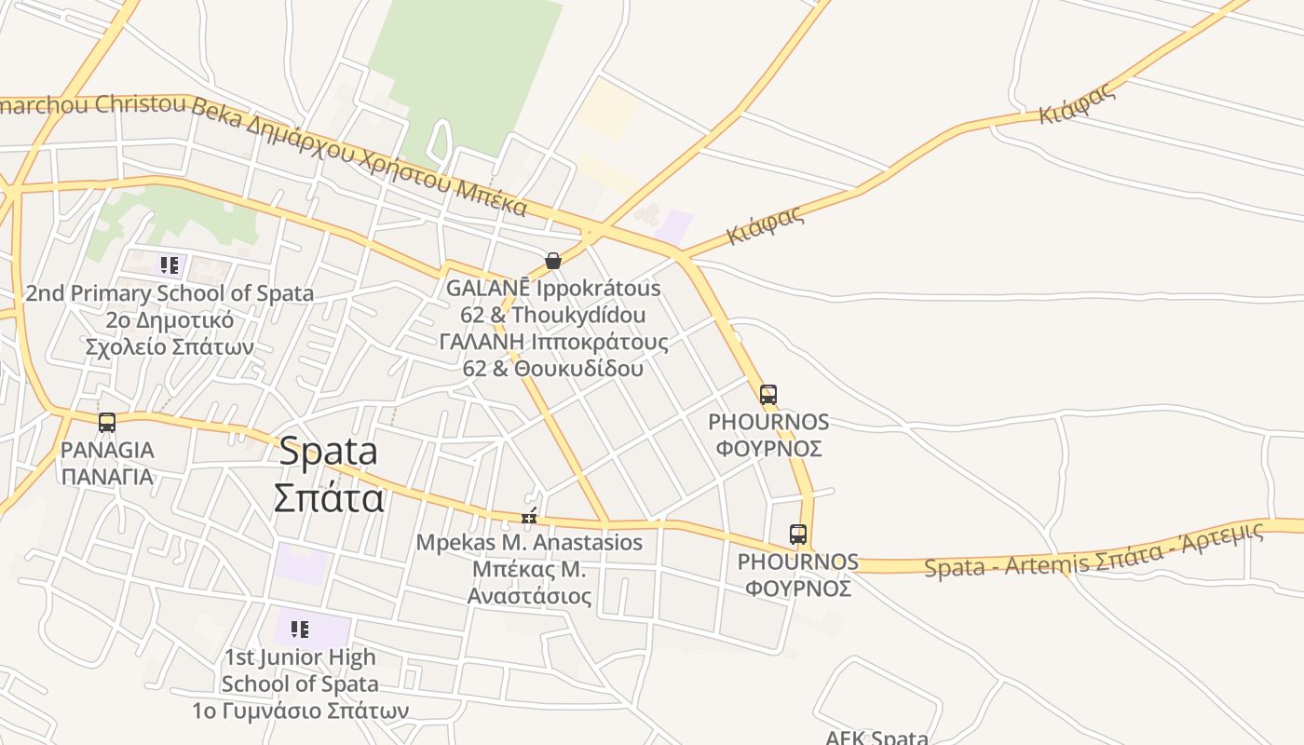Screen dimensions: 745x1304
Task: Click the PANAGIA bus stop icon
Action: tap(107, 423)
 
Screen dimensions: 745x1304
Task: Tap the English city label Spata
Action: tap(328, 452)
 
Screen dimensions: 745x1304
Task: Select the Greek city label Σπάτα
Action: tap(328, 498)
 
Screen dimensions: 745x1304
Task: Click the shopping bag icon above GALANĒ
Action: tap(553, 261)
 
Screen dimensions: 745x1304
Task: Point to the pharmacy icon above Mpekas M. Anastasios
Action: tap(529, 517)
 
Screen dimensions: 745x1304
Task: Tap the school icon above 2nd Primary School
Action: tap(169, 266)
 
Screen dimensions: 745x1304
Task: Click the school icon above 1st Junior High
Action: tap(299, 630)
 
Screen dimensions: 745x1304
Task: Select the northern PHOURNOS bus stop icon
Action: tap(768, 395)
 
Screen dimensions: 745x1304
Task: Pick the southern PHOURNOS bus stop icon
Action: tap(798, 535)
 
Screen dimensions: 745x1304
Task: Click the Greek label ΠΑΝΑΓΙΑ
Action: tap(107, 477)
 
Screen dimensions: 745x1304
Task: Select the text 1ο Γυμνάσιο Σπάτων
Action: tap(300, 711)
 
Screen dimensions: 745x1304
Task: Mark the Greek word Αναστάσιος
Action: tap(529, 595)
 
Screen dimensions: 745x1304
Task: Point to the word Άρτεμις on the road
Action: tap(1229, 535)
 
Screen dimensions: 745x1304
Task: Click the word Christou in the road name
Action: tap(140, 104)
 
